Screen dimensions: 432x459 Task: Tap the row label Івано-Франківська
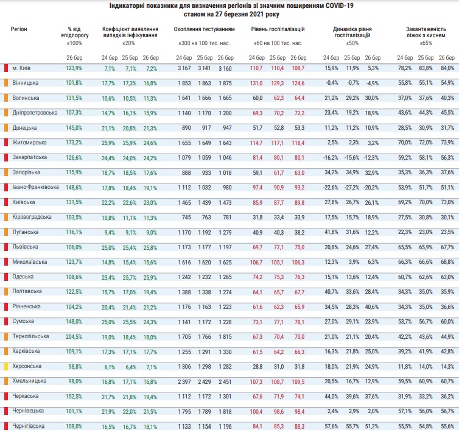[x=35, y=186]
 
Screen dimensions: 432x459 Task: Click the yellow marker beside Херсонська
[x=5, y=366]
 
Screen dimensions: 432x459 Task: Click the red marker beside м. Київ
[x=5, y=67]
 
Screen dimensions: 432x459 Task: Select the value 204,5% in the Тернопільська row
[x=74, y=336]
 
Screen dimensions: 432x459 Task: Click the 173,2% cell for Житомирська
[x=74, y=142]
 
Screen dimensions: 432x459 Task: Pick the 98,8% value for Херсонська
[x=74, y=366]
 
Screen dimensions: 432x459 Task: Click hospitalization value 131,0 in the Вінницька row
[x=257, y=82]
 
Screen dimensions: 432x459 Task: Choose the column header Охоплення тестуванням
[x=204, y=29]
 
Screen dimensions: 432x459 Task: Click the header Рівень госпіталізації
[x=278, y=29]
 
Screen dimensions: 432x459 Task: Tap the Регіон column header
[x=19, y=29]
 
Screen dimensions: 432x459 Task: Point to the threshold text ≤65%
[x=426, y=43]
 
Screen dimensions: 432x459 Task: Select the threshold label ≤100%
[x=74, y=43]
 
